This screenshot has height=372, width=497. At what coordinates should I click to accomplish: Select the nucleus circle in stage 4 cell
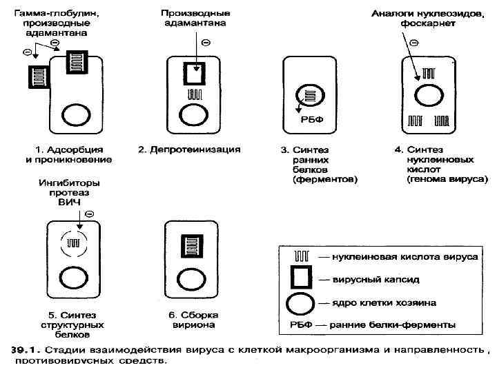click(427, 94)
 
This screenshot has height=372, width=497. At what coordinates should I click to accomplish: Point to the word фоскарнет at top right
click(428, 23)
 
